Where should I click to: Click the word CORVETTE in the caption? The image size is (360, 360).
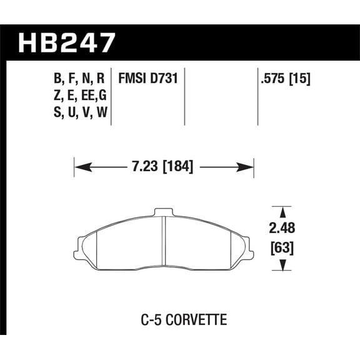196,320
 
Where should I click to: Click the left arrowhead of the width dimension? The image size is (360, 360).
80,167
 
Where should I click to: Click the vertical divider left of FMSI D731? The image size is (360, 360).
111,97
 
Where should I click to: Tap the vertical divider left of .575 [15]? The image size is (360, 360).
257,97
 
